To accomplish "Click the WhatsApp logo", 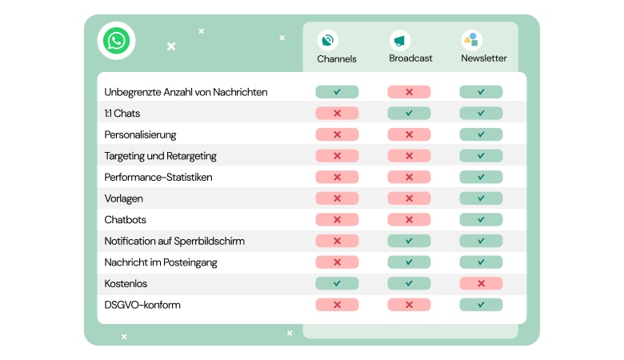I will pyautogui.click(x=116, y=40).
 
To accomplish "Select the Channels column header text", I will pyautogui.click(x=337, y=58).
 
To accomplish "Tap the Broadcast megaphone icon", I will pyautogui.click(x=399, y=40).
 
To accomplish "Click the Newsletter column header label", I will pyautogui.click(x=483, y=58).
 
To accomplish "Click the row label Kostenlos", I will pyautogui.click(x=126, y=283).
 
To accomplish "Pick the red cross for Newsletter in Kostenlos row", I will pyautogui.click(x=481, y=283).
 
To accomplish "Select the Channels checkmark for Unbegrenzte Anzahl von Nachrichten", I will pyautogui.click(x=337, y=92).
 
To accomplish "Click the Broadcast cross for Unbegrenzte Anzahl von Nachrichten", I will pyautogui.click(x=409, y=92).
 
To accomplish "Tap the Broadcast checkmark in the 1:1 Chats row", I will pyautogui.click(x=409, y=114).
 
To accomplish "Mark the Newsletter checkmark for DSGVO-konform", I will pyautogui.click(x=481, y=305).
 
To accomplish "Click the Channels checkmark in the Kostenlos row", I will pyautogui.click(x=337, y=283).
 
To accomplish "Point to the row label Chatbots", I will pyautogui.click(x=125, y=219).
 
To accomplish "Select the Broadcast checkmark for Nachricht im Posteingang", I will pyautogui.click(x=409, y=262).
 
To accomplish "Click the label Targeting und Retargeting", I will pyautogui.click(x=160, y=156).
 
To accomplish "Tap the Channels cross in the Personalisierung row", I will pyautogui.click(x=337, y=134).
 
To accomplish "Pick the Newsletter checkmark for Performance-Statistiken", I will pyautogui.click(x=481, y=177).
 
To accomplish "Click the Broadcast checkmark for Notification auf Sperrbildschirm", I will pyautogui.click(x=409, y=241).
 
